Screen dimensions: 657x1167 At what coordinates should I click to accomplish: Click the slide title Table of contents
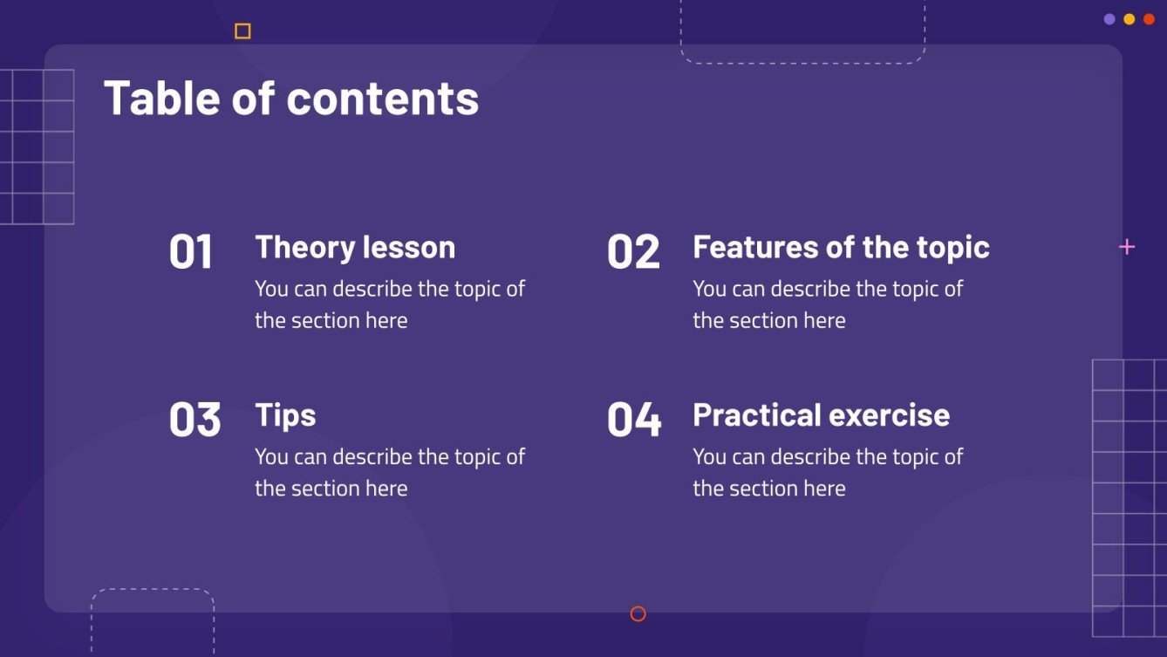point(291,98)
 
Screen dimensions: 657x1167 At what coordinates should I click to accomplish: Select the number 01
point(191,252)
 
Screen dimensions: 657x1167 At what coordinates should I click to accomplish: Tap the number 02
point(633,252)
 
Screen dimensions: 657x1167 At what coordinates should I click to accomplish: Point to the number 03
point(194,420)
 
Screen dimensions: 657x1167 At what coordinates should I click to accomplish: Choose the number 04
point(634,420)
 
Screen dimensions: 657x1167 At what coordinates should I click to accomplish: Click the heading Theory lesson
point(355,248)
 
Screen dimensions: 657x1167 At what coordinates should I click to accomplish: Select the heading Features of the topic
point(841,248)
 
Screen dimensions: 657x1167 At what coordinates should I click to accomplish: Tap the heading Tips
point(285,415)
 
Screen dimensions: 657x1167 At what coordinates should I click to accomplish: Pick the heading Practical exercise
point(821,415)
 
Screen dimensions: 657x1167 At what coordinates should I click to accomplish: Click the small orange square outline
point(242,31)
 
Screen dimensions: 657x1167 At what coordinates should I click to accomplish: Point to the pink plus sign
point(1127,247)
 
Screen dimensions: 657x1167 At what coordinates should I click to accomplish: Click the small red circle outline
point(638,614)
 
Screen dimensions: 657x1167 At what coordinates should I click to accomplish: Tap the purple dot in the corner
point(1109,19)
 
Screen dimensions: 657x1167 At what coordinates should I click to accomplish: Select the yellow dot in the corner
point(1129,19)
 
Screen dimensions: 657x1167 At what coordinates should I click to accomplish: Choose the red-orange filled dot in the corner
point(1149,19)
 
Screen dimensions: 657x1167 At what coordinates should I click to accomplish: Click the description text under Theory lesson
point(389,305)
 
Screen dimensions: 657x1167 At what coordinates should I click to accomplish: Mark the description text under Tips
point(389,472)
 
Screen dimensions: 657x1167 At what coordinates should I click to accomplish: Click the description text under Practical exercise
point(827,472)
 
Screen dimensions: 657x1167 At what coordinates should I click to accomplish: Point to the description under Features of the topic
point(827,305)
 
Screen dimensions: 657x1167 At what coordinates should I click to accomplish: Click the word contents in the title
point(383,98)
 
